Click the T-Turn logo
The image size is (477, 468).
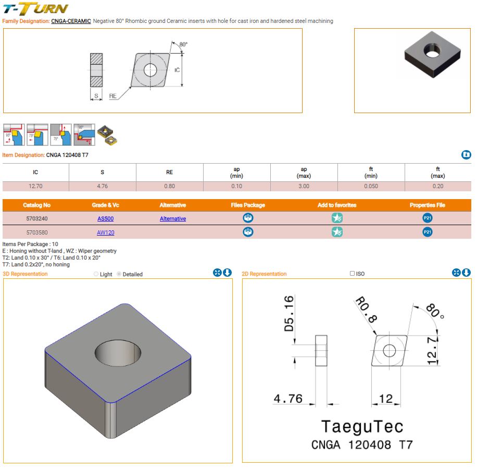coord(35,8)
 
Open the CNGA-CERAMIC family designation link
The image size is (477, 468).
coord(71,21)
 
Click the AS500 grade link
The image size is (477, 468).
coord(105,219)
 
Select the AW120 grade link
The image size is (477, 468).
coord(105,232)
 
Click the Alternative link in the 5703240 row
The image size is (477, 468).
coord(173,219)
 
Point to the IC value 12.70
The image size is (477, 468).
coord(35,186)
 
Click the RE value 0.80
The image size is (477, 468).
coord(169,186)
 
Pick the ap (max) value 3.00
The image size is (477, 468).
coord(304,186)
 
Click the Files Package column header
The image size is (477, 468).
coord(248,205)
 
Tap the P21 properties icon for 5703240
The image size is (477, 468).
coord(427,218)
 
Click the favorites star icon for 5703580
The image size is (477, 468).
coord(337,232)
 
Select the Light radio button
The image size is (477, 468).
coord(96,274)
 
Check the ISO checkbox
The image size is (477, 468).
coord(353,274)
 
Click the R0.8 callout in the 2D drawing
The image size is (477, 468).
coord(366,309)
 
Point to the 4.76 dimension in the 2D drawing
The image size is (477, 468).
coord(288,399)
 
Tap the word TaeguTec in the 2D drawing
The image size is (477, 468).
coord(362,426)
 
